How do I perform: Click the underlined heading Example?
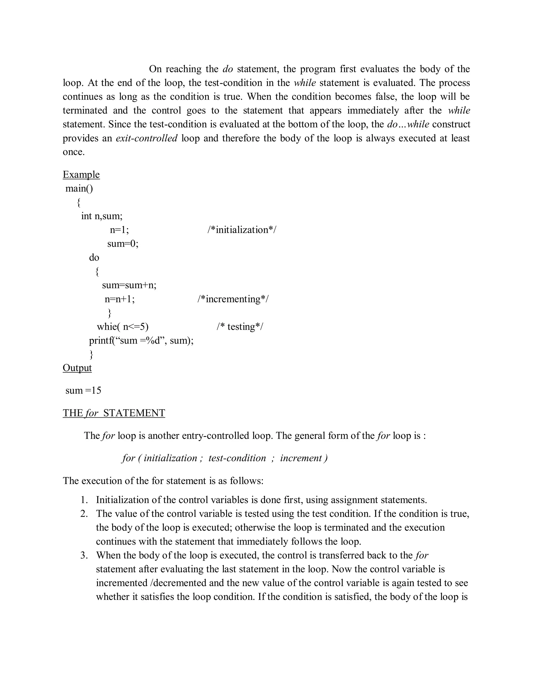click(81, 174)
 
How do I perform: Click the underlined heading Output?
click(77, 368)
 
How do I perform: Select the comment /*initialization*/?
click(242, 230)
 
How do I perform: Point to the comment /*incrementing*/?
click(233, 299)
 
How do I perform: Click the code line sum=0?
click(123, 244)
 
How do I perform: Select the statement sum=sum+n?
click(129, 285)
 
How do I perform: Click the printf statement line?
click(141, 340)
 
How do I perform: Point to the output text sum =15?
click(83, 391)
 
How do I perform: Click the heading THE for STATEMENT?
click(114, 413)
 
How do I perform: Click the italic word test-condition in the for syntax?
click(237, 458)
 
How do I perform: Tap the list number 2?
click(84, 513)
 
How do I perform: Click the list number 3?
click(84, 555)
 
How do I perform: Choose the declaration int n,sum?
click(102, 216)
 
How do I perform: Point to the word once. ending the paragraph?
click(74, 152)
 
